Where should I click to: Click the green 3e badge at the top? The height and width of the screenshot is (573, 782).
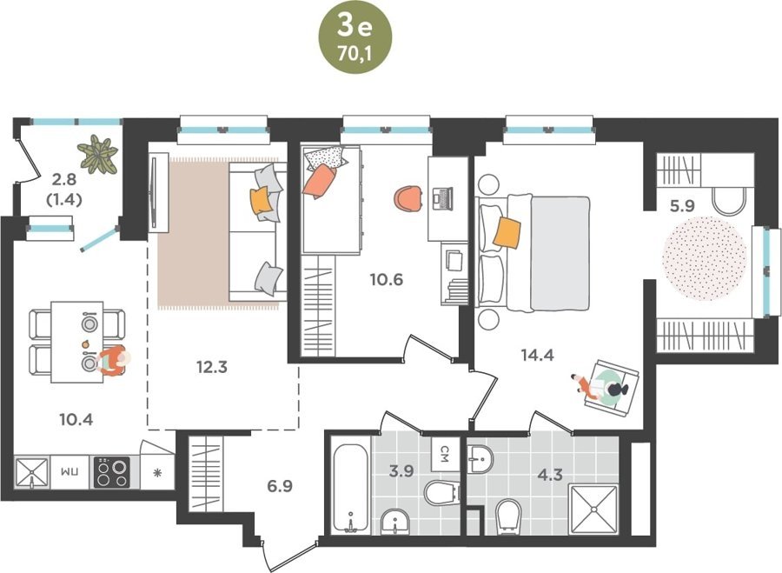(x=355, y=38)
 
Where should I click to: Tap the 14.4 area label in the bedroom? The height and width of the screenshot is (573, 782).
(x=537, y=355)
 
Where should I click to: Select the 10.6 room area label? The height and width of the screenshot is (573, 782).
(x=387, y=279)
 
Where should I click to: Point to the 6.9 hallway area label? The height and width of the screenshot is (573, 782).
(x=280, y=486)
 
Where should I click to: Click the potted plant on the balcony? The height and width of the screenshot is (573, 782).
(x=97, y=153)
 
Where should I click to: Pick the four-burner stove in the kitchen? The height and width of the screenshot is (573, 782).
(x=112, y=472)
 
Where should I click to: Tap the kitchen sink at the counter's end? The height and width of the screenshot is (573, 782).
(x=31, y=472)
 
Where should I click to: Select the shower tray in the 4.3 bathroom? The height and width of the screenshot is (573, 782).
(x=593, y=509)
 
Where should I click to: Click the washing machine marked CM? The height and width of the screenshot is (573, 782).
(x=446, y=454)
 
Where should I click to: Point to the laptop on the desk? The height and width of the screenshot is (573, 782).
(x=442, y=197)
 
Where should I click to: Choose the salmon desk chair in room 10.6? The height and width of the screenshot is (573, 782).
(x=408, y=199)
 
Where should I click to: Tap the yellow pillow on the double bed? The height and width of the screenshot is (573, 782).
(x=507, y=233)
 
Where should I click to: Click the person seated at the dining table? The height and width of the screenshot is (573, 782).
(x=113, y=361)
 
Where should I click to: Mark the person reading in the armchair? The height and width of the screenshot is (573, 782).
(x=602, y=386)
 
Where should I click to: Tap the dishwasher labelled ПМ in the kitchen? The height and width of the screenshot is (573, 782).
(x=70, y=471)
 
